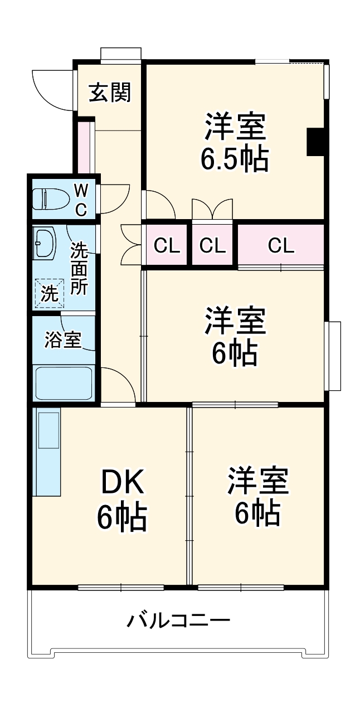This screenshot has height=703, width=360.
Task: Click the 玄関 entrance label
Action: (x=110, y=93)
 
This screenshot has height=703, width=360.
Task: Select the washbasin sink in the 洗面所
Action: (x=44, y=243)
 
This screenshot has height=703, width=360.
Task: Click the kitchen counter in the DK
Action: (x=47, y=451)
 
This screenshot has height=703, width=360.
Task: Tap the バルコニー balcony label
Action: (x=178, y=620)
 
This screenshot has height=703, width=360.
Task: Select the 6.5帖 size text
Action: (x=235, y=159)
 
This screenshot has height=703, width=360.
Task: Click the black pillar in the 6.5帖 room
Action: (x=315, y=142)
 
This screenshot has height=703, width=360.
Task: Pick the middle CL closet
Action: (x=212, y=245)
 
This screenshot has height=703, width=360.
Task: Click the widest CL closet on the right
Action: (x=281, y=245)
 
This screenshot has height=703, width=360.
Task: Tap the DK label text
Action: (x=123, y=483)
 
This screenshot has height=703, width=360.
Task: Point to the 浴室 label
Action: (x=63, y=340)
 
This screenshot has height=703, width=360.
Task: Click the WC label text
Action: (x=81, y=200)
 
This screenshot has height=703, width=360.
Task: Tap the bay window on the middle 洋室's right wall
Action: (x=334, y=356)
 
